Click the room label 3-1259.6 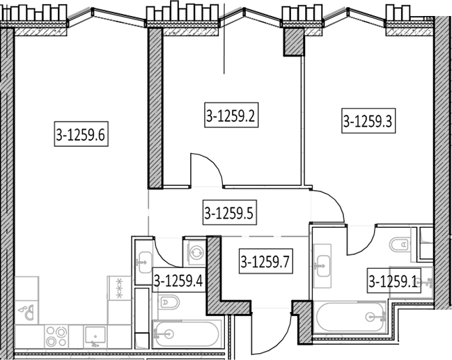point(81,134)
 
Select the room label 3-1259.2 point(231,115)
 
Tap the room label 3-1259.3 point(368,120)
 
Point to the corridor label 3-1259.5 point(230,212)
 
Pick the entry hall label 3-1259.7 point(266,261)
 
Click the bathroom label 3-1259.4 point(179,280)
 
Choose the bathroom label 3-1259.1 point(393,281)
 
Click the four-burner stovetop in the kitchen point(56,336)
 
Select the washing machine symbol point(196,253)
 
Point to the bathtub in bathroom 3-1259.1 point(350,317)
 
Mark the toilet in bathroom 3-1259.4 point(169,302)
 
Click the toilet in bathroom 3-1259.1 point(400,245)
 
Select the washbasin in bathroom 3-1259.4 point(145,263)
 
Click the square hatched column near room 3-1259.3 point(294,42)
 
